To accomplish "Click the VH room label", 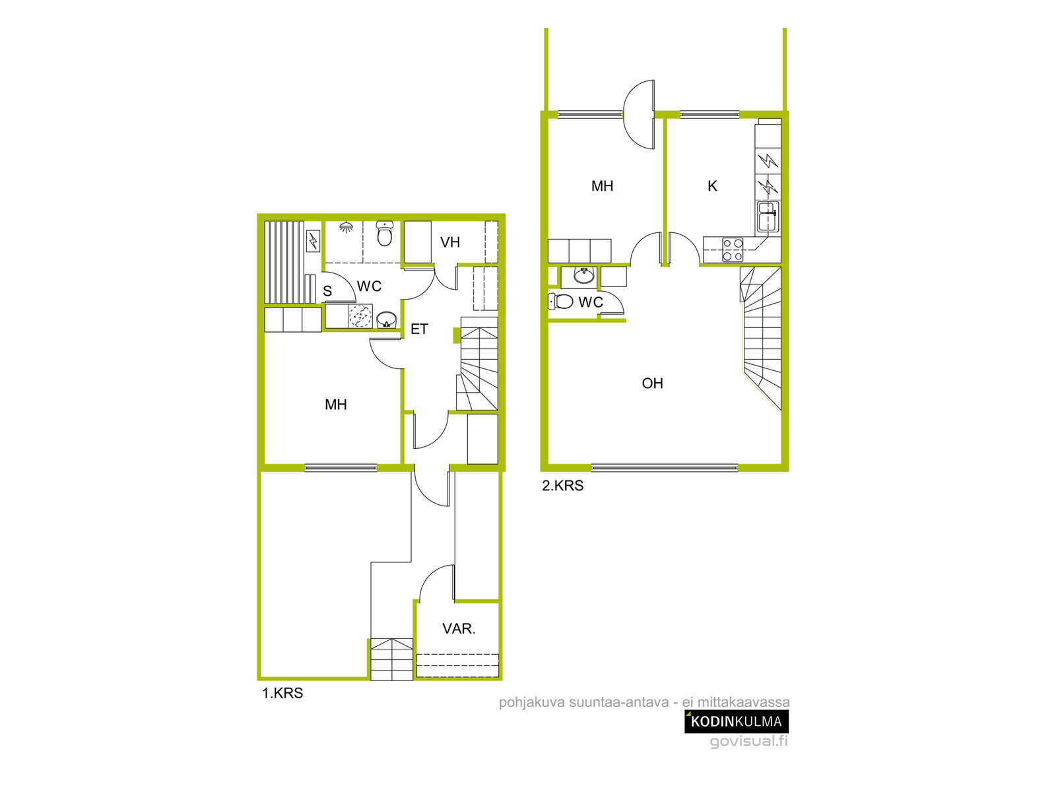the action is (450, 242).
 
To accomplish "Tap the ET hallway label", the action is (419, 329).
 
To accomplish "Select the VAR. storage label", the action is (459, 628).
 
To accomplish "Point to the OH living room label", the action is (652, 383).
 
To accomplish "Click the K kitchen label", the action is (713, 186).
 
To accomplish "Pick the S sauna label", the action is (327, 291).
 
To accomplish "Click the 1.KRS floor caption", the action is (282, 693).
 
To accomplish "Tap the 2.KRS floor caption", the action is (562, 486).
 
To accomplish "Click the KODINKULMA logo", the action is (737, 721).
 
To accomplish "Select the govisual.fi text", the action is (748, 741).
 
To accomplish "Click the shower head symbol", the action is (345, 227).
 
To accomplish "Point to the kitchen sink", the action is (768, 217).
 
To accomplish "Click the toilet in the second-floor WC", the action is (560, 302).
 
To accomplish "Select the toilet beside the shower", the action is (384, 233).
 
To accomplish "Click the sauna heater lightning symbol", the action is (313, 240).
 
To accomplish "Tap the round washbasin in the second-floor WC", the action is (584, 275).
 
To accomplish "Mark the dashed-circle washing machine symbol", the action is (360, 316).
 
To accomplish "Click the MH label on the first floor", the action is (335, 405).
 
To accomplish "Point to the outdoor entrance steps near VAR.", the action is (391, 659).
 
